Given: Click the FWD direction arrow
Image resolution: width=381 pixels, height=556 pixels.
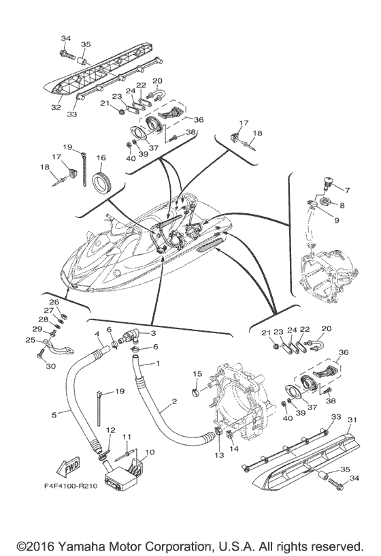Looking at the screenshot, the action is (x=69, y=467).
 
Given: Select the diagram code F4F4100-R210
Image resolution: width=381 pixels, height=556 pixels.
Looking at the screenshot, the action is (x=71, y=486).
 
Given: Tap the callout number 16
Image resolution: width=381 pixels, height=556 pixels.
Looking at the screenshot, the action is (x=101, y=158).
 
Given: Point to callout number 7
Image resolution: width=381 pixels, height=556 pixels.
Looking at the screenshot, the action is (x=348, y=190).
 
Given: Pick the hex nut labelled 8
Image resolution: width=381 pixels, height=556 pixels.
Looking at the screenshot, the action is (x=325, y=202).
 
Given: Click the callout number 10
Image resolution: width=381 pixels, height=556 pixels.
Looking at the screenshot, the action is (x=150, y=452).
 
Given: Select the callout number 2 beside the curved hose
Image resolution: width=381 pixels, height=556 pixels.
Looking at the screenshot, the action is (x=174, y=401).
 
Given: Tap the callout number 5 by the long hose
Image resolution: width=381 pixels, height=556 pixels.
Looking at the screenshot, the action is (x=54, y=414).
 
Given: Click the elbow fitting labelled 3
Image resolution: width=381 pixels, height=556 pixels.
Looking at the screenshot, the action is (x=129, y=335).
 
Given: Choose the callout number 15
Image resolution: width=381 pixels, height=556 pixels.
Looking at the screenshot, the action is (x=197, y=374).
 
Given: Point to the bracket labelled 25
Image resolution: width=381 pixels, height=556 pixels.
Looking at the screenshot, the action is (x=59, y=347).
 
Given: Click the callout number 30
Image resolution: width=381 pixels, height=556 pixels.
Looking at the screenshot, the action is (x=50, y=366).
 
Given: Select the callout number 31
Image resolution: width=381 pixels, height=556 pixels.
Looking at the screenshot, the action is (x=352, y=420).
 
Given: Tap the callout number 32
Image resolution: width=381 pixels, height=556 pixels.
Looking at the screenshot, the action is (x=56, y=107).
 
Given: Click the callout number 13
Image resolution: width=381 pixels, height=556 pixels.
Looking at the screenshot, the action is (x=219, y=455).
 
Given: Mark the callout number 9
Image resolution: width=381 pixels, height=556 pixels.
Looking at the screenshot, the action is (x=336, y=220).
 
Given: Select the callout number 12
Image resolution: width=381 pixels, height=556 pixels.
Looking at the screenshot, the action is (x=111, y=430).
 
